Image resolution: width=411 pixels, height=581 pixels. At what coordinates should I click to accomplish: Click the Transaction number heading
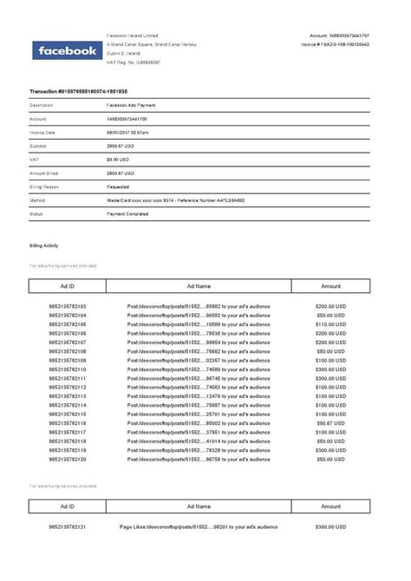[x=79, y=91]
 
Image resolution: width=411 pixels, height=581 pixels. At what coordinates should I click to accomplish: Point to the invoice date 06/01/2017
[x=127, y=132]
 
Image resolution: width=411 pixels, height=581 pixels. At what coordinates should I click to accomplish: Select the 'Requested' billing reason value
[x=118, y=186]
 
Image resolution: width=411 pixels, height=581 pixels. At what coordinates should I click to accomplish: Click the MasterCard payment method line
[x=175, y=200]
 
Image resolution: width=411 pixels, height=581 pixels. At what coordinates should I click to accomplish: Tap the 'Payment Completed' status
[x=128, y=213]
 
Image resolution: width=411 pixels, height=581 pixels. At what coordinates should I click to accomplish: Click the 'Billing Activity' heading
[x=45, y=246]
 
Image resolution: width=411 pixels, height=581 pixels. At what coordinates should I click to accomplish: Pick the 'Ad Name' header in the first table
[x=199, y=285]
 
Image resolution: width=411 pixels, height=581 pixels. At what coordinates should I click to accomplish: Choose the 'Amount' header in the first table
[x=330, y=285]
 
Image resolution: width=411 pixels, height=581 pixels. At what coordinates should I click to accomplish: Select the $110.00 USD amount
[x=330, y=324]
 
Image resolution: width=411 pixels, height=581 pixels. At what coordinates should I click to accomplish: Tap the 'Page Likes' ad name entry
[x=199, y=526]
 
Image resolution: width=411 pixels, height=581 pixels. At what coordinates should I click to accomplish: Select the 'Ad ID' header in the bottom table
[x=67, y=506]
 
